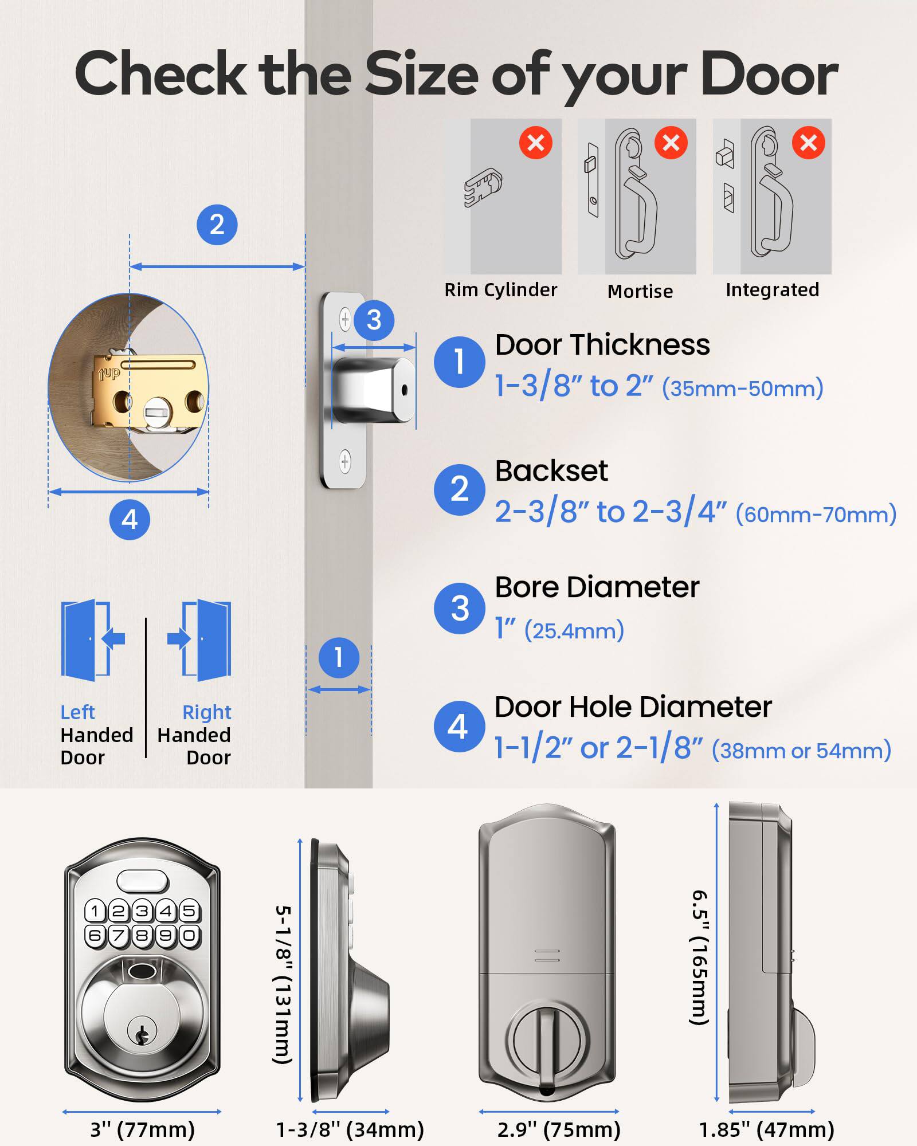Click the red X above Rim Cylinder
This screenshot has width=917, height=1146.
[535, 143]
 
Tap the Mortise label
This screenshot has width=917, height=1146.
[640, 291]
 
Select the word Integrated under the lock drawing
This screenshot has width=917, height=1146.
[772, 290]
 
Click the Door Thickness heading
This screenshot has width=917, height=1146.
[602, 345]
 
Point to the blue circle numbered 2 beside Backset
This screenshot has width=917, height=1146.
[459, 489]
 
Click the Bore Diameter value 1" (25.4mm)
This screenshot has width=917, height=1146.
[559, 630]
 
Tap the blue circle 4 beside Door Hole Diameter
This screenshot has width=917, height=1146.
[458, 727]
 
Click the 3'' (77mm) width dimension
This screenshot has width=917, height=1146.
[142, 1129]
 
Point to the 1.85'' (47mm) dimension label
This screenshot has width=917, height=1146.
[766, 1129]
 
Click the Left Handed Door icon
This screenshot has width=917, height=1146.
[92, 640]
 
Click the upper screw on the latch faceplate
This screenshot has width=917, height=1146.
[345, 319]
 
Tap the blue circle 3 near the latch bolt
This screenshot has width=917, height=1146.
[374, 320]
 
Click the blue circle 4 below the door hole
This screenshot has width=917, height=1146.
[130, 520]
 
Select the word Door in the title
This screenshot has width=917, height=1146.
[769, 74]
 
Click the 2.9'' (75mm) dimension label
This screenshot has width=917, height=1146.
[559, 1129]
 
